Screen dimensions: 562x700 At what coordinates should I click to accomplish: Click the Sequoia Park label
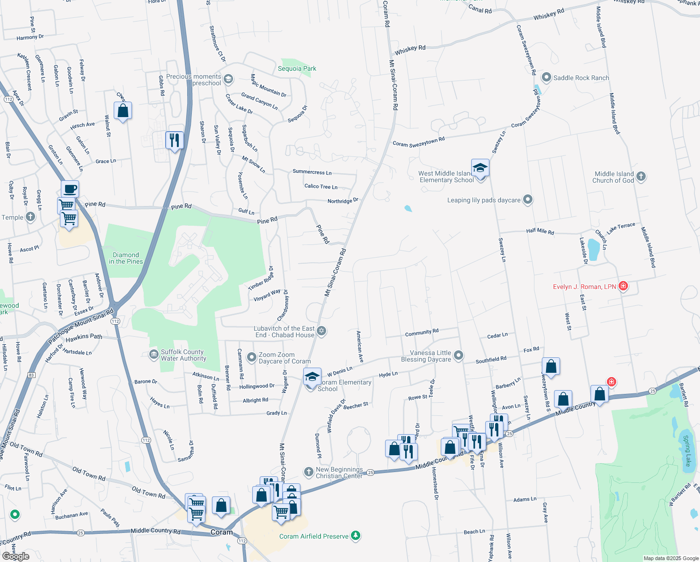(x=297, y=69)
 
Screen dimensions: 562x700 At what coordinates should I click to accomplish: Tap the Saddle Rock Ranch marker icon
(x=546, y=78)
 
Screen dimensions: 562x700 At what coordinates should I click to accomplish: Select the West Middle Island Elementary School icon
(x=480, y=168)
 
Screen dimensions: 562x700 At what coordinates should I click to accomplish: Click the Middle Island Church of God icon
(x=641, y=177)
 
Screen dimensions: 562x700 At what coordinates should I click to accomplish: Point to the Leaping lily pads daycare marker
(x=528, y=200)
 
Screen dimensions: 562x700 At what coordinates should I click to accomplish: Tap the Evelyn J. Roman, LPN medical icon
(x=623, y=286)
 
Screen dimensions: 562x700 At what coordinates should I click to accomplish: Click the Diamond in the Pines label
(x=126, y=259)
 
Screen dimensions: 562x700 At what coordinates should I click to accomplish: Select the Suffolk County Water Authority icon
(x=153, y=355)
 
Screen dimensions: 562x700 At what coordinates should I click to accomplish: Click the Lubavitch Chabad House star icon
(x=321, y=332)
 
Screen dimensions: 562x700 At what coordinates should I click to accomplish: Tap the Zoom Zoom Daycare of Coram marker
(x=252, y=358)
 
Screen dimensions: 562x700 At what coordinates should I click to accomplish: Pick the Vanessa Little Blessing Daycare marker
(x=459, y=356)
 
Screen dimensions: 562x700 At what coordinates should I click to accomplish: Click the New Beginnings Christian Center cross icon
(x=308, y=472)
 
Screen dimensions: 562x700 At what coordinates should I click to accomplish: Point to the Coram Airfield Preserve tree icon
(x=356, y=536)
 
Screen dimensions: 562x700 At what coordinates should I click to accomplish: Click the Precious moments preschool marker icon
(x=228, y=79)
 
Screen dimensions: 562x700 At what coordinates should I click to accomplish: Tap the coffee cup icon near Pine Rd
(x=70, y=189)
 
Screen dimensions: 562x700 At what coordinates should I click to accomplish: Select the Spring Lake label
(x=687, y=451)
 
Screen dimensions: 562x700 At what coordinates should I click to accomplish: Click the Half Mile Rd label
(x=540, y=231)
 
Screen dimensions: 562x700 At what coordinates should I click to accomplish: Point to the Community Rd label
(x=422, y=333)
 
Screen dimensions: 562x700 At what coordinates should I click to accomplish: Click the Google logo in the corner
(x=16, y=556)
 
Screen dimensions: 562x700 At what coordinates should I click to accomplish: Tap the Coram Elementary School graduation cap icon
(x=312, y=377)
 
